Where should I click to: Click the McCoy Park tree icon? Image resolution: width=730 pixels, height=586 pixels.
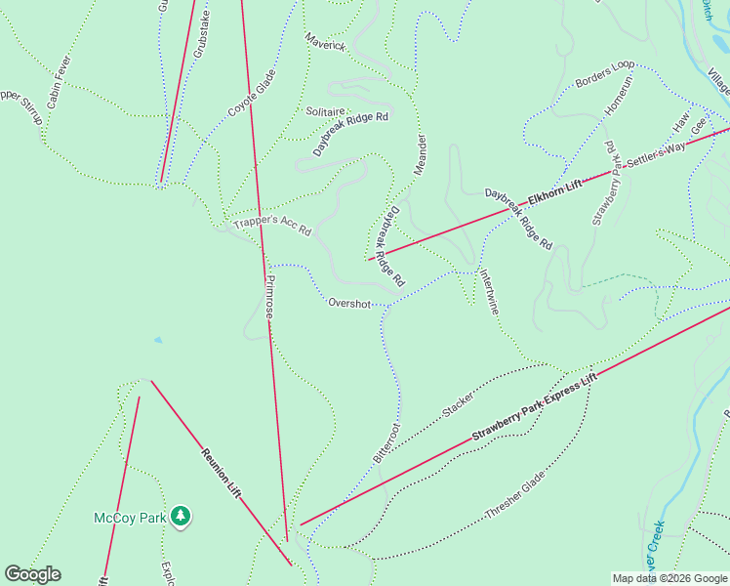180,516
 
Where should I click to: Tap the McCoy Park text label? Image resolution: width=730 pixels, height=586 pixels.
129,517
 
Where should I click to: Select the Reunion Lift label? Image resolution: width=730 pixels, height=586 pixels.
222,473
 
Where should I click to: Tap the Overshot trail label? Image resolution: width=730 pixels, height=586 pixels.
349,304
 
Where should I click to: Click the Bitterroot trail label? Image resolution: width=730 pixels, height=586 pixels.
386,442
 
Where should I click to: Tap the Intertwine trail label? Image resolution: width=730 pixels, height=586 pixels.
490,292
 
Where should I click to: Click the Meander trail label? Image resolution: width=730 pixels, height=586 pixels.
421,154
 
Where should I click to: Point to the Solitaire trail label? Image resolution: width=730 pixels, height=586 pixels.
326,111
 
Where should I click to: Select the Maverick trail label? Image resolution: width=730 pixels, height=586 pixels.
325,45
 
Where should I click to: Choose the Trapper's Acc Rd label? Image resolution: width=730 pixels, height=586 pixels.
271,226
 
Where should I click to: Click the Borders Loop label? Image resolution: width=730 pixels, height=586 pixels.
604,75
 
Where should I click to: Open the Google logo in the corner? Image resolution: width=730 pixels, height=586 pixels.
32,574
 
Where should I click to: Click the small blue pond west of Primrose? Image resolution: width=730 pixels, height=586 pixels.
157,340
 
